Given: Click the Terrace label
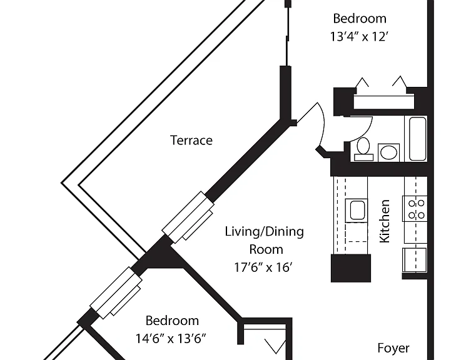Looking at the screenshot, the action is tap(191, 141).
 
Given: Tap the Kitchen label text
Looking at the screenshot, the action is tap(385, 221).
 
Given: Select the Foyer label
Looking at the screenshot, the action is tap(393, 348).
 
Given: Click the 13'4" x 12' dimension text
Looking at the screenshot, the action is tap(360, 37).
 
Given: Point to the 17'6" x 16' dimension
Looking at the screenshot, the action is tap(263, 267).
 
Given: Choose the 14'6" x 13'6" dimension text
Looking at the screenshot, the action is tap(171, 339).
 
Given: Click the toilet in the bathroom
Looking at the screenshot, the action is tap(363, 149).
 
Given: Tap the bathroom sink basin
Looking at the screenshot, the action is tap(388, 152).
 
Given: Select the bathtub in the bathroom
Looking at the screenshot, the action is tap(417, 139).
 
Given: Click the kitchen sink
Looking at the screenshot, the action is tap(357, 210).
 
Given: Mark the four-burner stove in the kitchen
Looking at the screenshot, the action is tap(415, 209).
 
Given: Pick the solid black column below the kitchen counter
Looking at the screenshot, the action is tap(351, 268).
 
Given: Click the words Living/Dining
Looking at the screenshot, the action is tap(264, 232).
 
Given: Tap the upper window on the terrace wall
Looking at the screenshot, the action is tap(188, 217).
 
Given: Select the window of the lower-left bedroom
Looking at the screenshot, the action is tap(116, 292).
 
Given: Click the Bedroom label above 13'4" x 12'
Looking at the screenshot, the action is tap(360, 19).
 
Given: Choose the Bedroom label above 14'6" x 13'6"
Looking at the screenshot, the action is tap(172, 321).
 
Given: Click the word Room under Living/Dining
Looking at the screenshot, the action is tap(266, 249).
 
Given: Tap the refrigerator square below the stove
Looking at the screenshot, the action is tap(415, 259).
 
